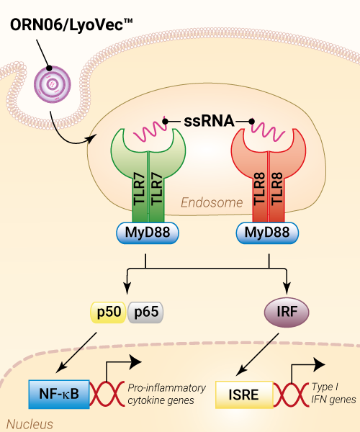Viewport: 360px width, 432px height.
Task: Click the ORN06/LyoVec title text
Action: (x=71, y=25)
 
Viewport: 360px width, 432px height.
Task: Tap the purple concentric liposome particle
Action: (x=53, y=84)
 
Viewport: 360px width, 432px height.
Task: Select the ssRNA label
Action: (x=209, y=121)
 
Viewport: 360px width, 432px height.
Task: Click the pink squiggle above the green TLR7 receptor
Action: (x=150, y=130)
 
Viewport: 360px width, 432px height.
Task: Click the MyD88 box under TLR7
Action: (x=148, y=233)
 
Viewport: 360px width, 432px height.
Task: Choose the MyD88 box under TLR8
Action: (x=267, y=233)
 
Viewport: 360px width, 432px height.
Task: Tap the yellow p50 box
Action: (x=109, y=312)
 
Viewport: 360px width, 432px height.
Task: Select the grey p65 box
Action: (x=145, y=312)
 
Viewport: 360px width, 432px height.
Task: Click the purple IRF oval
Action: (x=287, y=312)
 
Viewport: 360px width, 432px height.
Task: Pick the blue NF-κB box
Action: (x=59, y=394)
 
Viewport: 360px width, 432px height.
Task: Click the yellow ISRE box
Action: (x=244, y=395)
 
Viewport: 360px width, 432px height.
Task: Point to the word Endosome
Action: (x=212, y=203)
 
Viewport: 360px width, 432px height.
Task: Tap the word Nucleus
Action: (x=30, y=425)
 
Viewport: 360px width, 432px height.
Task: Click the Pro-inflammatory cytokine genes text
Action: (x=166, y=394)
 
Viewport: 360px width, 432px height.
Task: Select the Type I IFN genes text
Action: (x=333, y=393)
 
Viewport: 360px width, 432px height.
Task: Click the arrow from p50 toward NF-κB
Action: (x=76, y=352)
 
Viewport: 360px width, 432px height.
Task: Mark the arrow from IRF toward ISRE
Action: (x=258, y=354)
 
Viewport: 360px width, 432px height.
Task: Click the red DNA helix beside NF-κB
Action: (x=107, y=394)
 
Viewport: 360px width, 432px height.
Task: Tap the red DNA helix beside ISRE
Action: (x=292, y=395)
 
